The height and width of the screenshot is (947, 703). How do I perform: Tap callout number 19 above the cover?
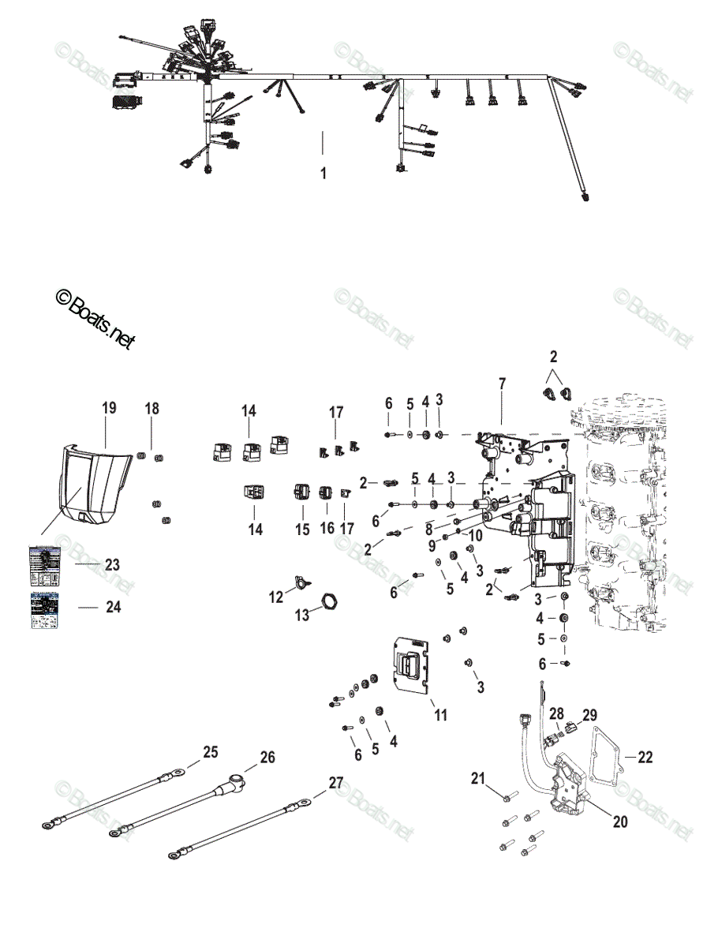(109, 407)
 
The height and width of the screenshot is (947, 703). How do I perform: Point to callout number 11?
(441, 715)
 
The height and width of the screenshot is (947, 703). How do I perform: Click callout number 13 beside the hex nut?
(302, 616)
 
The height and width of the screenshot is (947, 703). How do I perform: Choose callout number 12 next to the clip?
(276, 597)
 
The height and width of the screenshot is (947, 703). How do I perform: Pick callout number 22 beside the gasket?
(645, 758)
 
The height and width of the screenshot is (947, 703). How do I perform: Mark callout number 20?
(620, 822)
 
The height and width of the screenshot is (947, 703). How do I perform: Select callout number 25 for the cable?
(210, 752)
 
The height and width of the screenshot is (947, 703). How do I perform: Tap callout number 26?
(267, 758)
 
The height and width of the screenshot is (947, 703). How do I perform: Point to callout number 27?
(336, 783)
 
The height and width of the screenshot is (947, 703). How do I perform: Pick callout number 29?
(589, 715)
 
